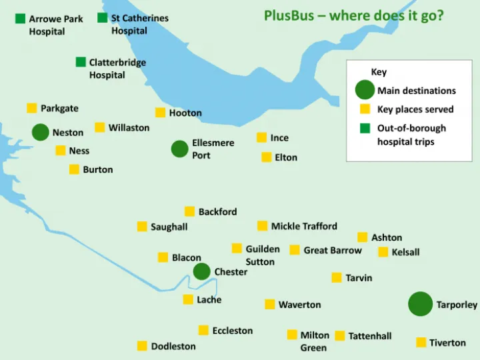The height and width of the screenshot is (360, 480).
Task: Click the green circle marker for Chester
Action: (201, 271)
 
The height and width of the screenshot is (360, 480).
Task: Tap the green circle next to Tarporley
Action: (420, 304)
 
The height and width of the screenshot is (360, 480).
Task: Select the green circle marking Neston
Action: (40, 132)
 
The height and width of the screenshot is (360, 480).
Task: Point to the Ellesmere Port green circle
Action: (179, 149)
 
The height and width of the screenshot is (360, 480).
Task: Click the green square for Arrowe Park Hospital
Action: (21, 19)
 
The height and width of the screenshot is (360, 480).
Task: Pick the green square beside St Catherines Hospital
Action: (102, 18)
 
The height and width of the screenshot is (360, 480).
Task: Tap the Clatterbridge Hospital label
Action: (117, 69)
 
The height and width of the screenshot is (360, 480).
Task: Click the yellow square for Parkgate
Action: (31, 108)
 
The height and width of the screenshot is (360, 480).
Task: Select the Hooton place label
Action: (185, 113)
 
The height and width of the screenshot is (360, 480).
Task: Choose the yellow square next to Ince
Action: (261, 137)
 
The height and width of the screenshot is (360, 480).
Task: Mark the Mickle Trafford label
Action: (304, 226)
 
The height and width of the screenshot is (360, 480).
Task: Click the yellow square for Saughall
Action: (142, 227)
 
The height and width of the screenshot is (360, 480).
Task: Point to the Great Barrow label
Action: (333, 251)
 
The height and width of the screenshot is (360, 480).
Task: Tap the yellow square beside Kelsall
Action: (383, 252)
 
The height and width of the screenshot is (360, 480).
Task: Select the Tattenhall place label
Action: (370, 336)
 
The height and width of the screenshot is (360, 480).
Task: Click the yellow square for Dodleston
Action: (142, 346)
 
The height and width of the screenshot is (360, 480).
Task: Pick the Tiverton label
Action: (447, 343)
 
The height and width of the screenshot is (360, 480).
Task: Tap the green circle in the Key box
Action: (365, 90)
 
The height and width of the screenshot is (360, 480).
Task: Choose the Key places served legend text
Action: (415, 109)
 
